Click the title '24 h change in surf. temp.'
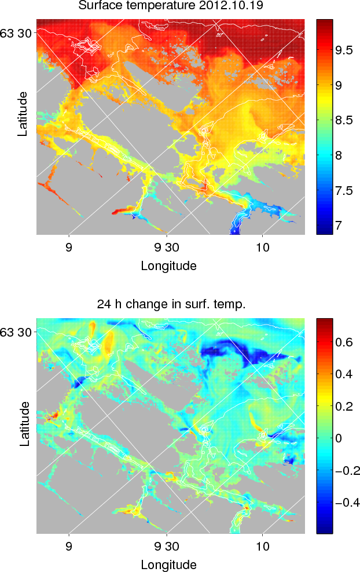[171, 305]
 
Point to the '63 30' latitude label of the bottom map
[19, 332]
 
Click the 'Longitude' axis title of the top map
[168, 266]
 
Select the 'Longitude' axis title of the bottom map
[168, 564]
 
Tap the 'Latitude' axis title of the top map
[23, 113]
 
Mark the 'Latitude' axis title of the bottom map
[23, 424]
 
